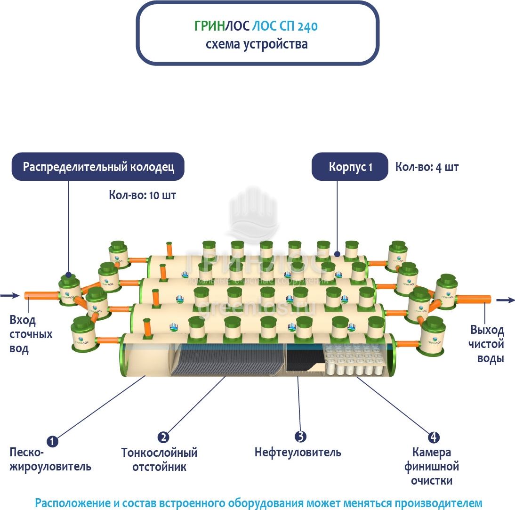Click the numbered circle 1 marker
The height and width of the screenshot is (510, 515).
coord(53,441)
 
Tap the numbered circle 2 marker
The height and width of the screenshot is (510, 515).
coord(163,437)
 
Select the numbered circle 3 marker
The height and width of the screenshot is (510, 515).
coord(300,437)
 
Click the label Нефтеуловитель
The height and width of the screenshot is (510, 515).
coord(298,453)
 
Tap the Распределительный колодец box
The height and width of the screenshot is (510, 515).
coord(98,167)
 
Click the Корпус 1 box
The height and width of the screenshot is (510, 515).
coord(350,167)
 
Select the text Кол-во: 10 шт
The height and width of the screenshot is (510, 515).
coord(142,195)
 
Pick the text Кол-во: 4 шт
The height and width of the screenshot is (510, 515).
coord(426,167)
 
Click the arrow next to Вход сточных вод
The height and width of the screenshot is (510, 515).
coord(8,296)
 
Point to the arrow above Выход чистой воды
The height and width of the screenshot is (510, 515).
coord(506,300)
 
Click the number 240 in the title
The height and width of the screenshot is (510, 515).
coord(307,26)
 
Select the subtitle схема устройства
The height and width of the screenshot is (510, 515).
coord(257,44)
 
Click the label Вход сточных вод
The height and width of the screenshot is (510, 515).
coord(31,334)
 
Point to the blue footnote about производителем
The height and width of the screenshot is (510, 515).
coord(258,503)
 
